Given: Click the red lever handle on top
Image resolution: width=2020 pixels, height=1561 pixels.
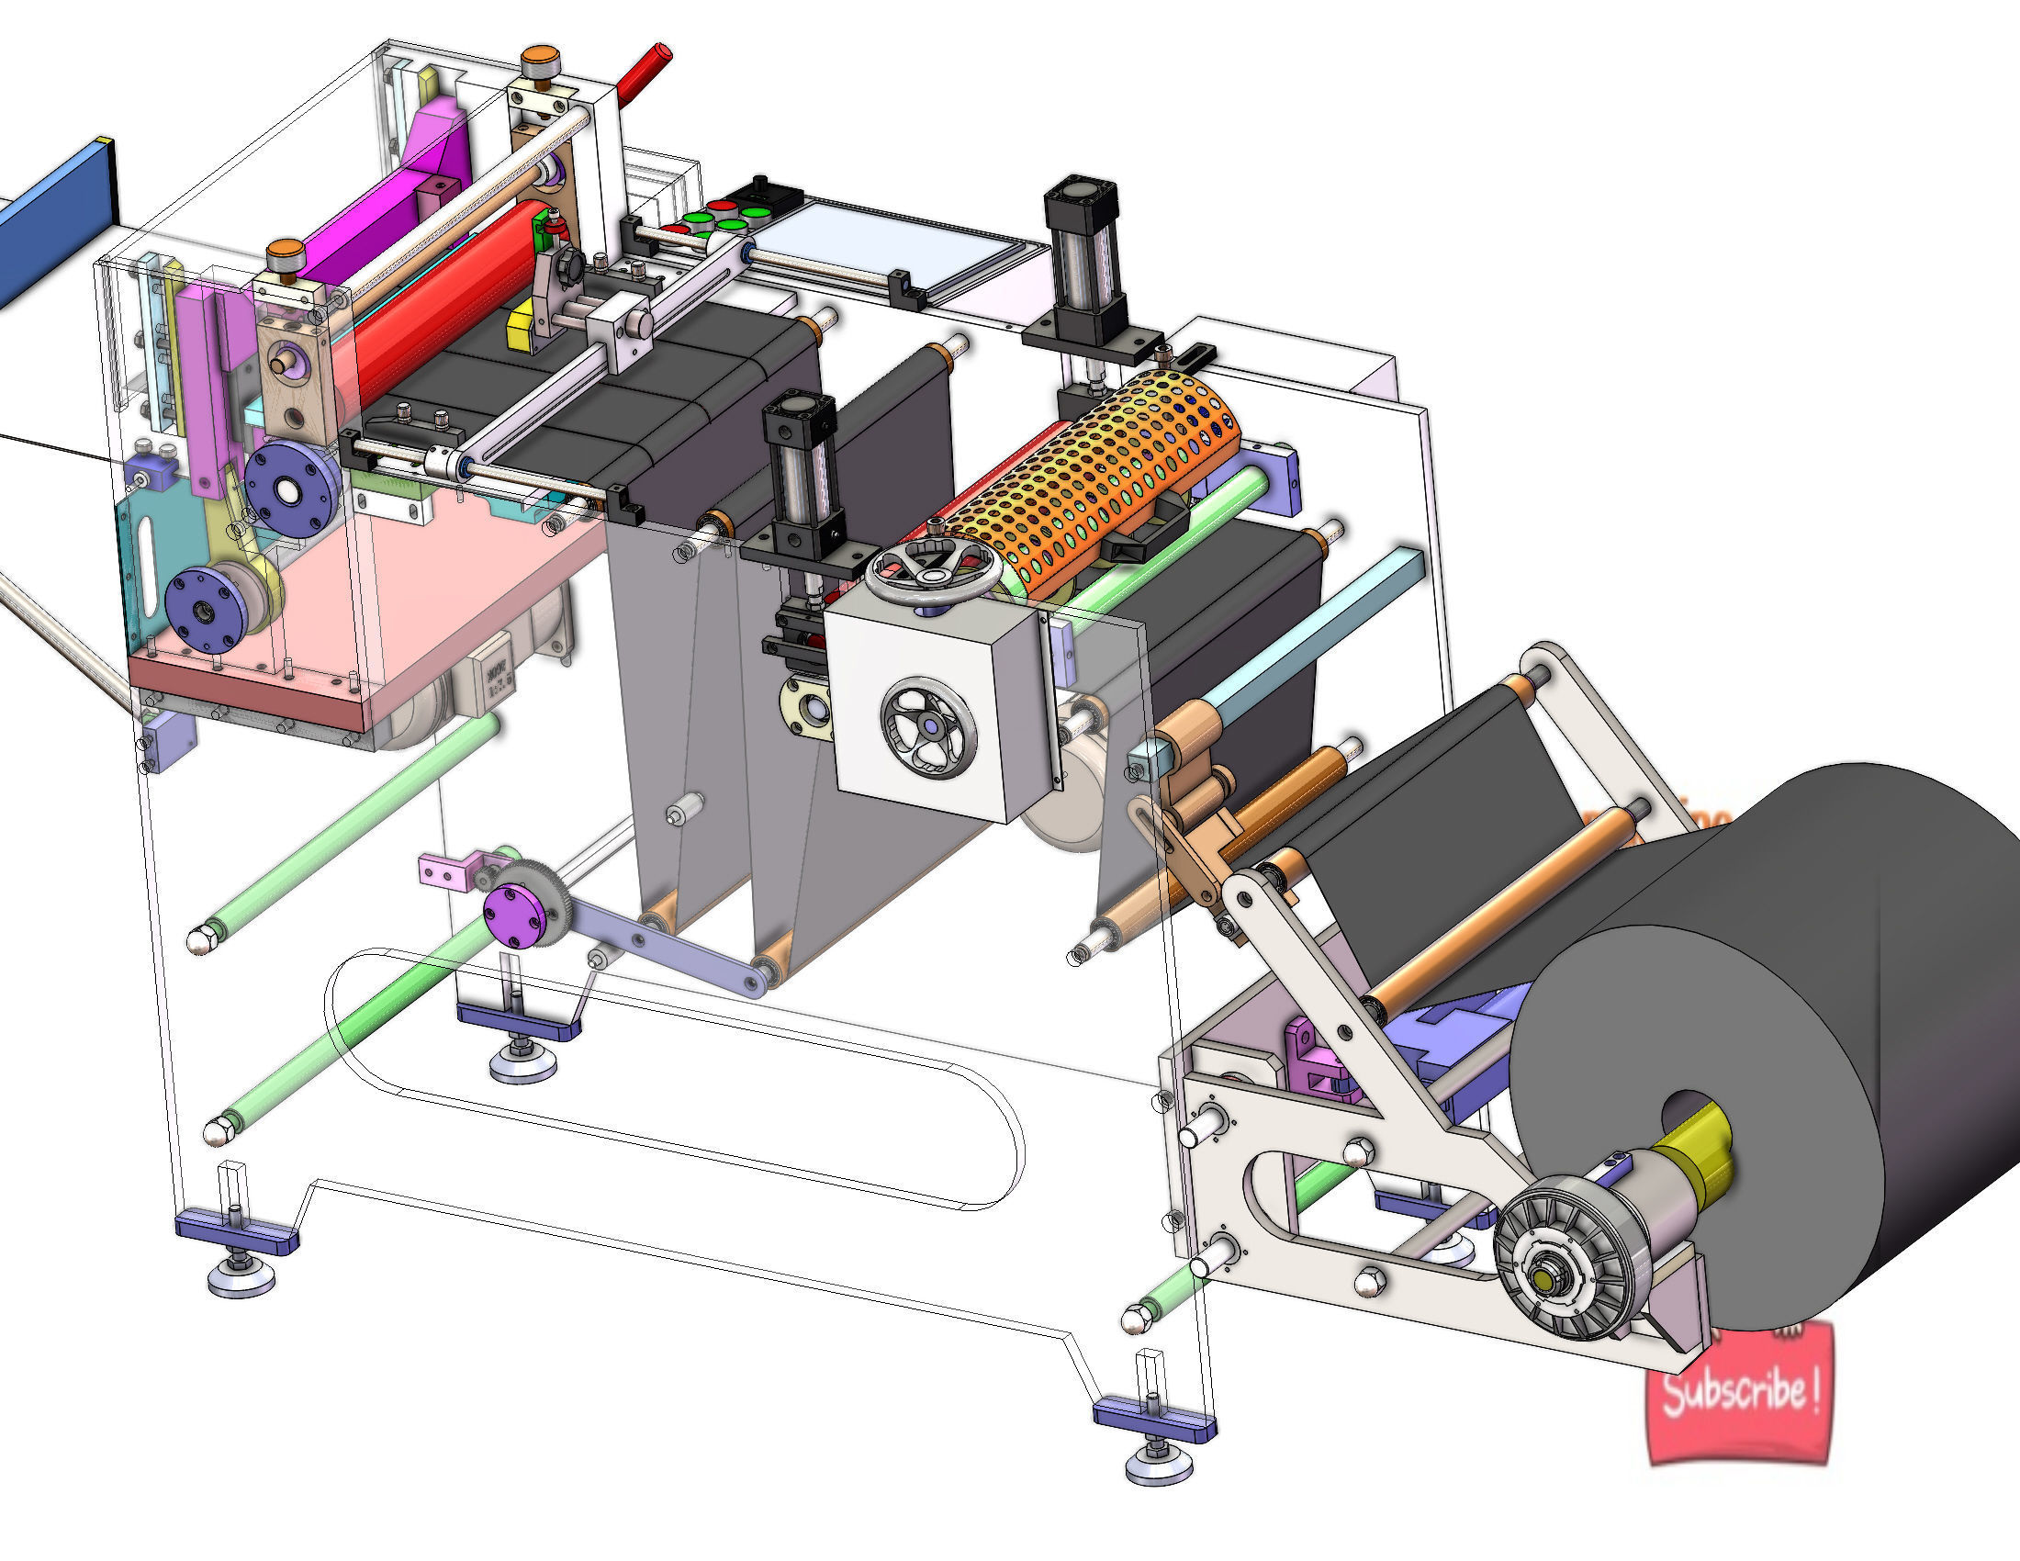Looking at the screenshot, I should coord(644,71).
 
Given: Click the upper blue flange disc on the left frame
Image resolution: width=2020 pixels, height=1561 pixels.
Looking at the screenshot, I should coord(291,490).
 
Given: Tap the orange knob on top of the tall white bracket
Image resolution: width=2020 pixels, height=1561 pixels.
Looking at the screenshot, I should coord(534,62).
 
